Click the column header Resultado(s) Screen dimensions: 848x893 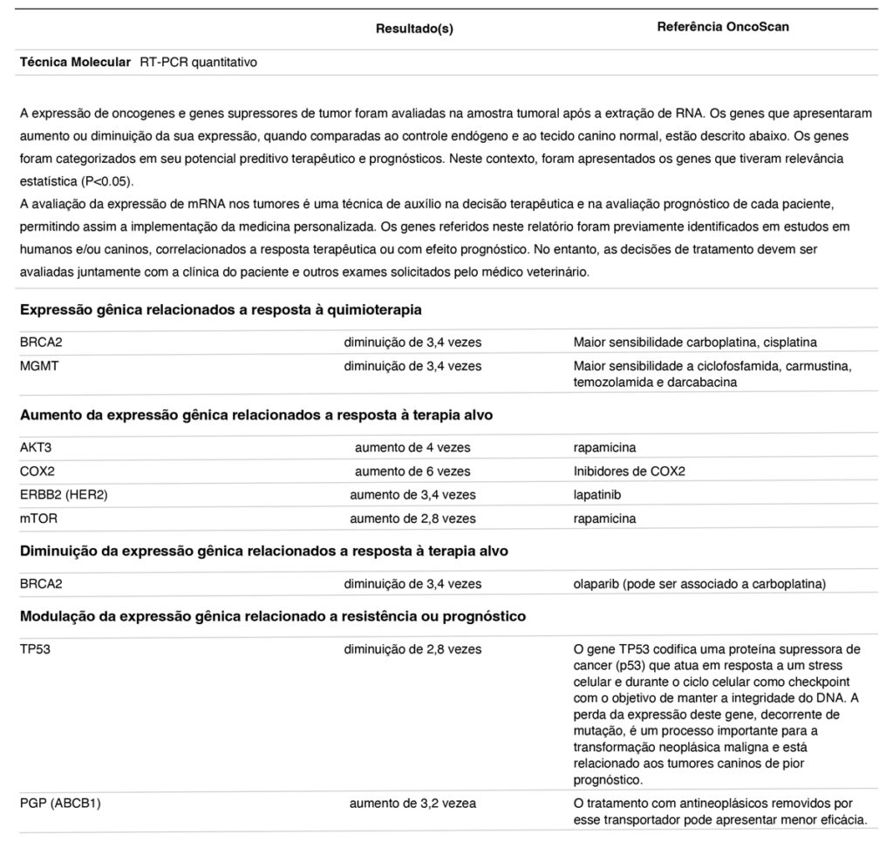[x=414, y=29]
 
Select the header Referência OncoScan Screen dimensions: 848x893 [x=722, y=27]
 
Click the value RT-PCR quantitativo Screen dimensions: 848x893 [x=198, y=63]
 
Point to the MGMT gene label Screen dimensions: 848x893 [x=39, y=366]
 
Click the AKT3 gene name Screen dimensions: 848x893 [x=37, y=448]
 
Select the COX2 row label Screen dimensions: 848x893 [x=37, y=471]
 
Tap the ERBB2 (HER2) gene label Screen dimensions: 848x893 [x=64, y=495]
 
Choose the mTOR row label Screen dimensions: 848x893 [x=37, y=519]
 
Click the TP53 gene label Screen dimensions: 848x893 [x=36, y=649]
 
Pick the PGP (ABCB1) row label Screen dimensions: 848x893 [x=60, y=804]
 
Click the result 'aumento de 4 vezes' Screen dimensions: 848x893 [x=412, y=448]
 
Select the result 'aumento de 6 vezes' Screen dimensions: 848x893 [x=412, y=471]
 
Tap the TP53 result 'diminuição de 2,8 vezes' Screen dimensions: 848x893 [x=412, y=649]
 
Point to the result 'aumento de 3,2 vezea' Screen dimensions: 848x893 [x=412, y=804]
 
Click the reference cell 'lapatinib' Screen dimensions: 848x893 [x=598, y=495]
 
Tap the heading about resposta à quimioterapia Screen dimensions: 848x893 [x=221, y=309]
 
